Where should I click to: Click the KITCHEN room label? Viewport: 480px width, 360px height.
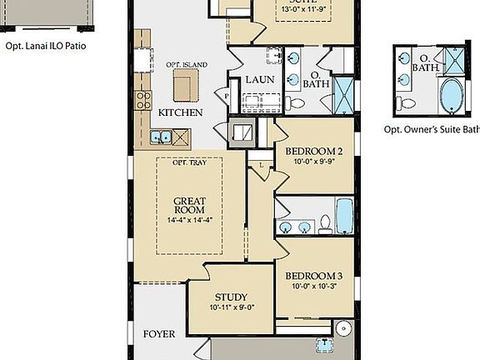pyautogui.click(x=180, y=112)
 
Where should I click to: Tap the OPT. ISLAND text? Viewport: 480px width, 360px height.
pyautogui.click(x=187, y=65)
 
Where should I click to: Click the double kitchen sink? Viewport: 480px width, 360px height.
pyautogui.click(x=161, y=136)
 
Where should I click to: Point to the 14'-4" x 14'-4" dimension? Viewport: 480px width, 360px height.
pyautogui.click(x=190, y=220)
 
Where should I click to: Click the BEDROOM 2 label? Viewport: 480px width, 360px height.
pyautogui.click(x=314, y=152)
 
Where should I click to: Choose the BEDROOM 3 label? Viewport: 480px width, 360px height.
pyautogui.click(x=314, y=276)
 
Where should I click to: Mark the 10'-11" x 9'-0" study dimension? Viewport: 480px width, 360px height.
pyautogui.click(x=231, y=307)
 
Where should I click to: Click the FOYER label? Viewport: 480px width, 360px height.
pyautogui.click(x=159, y=334)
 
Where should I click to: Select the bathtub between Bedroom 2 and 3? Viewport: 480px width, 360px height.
pyautogui.click(x=345, y=216)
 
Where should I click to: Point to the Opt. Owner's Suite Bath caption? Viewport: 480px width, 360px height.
pyautogui.click(x=431, y=129)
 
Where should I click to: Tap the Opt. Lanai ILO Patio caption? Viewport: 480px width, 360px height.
pyautogui.click(x=46, y=47)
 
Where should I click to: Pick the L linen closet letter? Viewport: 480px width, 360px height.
pyautogui.click(x=262, y=166)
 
